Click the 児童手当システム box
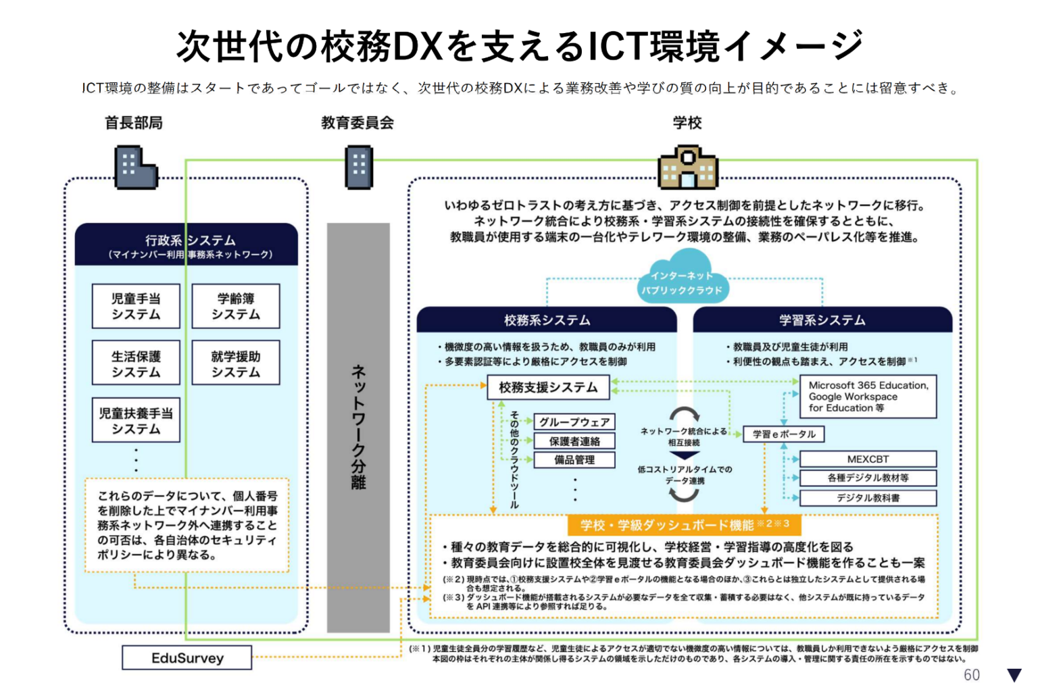136,306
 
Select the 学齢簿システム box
235,306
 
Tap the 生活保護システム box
136,363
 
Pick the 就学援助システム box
235,363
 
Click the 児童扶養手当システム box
136,420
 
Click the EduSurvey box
187,658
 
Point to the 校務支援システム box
548,387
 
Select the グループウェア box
574,422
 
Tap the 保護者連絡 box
574,441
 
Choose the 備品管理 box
574,460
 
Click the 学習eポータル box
784,434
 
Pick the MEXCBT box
868,459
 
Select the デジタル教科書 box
868,498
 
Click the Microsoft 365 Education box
868,397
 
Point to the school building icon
687,167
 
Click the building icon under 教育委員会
359,168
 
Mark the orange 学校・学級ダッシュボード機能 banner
684,525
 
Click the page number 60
971,675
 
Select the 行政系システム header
187,245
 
